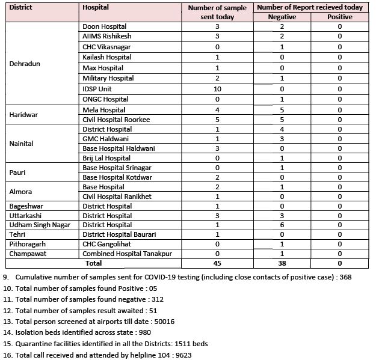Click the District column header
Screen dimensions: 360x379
tap(21, 8)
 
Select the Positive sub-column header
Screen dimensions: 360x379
tap(340, 17)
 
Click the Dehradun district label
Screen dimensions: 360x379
tap(25, 64)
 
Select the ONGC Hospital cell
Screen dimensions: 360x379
tap(106, 99)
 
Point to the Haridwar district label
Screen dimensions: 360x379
tap(23, 115)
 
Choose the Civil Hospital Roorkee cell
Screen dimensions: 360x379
tap(116, 120)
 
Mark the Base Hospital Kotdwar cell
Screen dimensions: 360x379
tap(117, 177)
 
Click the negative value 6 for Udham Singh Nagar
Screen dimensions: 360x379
tap(282, 225)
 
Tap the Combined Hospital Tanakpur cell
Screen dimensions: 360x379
tap(127, 254)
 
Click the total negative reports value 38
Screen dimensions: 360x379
tap(282, 263)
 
